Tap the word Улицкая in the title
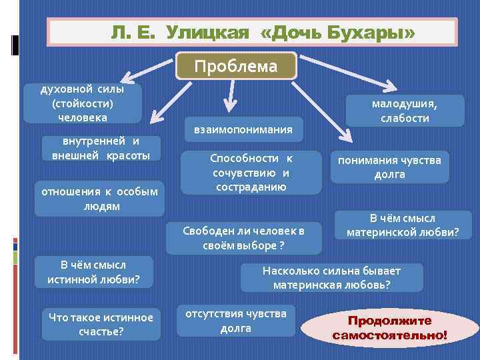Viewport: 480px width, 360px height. tap(206, 32)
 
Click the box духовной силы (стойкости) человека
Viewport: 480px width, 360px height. tap(83, 103)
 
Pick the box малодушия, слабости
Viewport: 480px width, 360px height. tap(405, 111)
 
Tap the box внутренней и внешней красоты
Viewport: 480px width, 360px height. tap(101, 148)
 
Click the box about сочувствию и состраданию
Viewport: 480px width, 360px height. tap(251, 172)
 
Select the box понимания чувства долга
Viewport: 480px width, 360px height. tap(389, 167)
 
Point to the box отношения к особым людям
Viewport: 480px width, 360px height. tap(99, 199)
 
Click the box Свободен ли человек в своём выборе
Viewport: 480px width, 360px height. tap(243, 237)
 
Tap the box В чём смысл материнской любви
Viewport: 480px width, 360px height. tap(403, 225)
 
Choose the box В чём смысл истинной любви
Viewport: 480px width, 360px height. tap(93, 272)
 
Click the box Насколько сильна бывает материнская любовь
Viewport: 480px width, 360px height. tap(331, 277)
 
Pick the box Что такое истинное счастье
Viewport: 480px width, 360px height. tap(101, 324)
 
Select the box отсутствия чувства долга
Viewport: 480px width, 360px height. tap(236, 320)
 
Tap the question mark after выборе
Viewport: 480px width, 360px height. tap(281, 245)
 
